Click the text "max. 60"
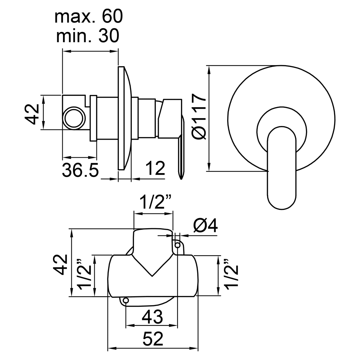pyautogui.click(x=89, y=17)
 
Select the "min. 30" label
pyautogui.click(x=87, y=36)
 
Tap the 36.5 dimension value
pyautogui.click(x=80, y=170)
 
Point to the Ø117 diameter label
pyautogui.click(x=199, y=116)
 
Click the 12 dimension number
pyautogui.click(x=155, y=168)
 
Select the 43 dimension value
pyautogui.click(x=152, y=317)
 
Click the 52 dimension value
pyautogui.click(x=153, y=339)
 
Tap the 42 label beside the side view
pyautogui.click(x=32, y=114)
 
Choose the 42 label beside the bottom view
pyautogui.click(x=61, y=264)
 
